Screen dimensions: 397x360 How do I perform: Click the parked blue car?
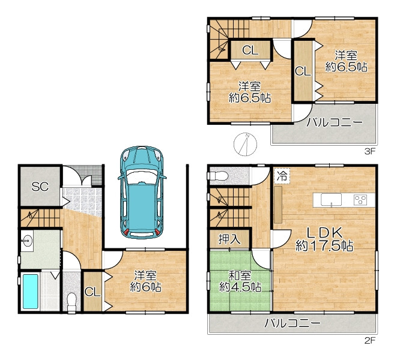point(142,192)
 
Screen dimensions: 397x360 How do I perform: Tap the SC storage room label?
point(40,187)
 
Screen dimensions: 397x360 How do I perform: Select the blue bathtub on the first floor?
point(31,292)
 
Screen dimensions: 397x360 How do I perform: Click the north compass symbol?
point(245,144)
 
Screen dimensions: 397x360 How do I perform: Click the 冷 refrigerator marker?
point(282,176)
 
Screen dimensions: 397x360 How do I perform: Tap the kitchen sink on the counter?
point(331,200)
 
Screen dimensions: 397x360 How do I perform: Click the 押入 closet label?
point(229,239)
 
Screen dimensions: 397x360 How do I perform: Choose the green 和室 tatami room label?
point(240,281)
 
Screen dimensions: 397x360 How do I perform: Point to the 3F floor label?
point(369,152)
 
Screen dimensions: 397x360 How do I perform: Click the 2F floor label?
point(369,341)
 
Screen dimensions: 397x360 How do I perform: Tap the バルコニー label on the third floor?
point(335,123)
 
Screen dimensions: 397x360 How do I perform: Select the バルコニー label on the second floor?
point(292,323)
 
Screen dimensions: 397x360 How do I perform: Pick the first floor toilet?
point(72,302)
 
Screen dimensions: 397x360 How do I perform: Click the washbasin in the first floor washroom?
point(27,240)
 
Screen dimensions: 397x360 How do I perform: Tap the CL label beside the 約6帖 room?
point(92,292)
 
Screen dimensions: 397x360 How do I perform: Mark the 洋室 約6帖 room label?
point(145,281)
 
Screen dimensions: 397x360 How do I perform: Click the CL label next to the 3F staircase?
point(250,50)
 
